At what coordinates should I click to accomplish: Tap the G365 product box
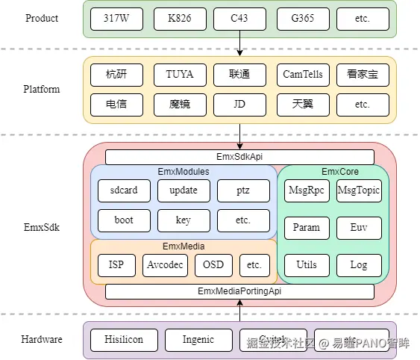coord(302,19)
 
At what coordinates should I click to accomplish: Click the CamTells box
coord(302,75)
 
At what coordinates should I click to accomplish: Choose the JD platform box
coord(239,105)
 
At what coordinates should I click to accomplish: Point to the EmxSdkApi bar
coord(239,157)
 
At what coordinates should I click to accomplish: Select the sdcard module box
coord(124,190)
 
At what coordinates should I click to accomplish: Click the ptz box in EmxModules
coord(243,190)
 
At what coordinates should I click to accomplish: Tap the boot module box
coord(124,220)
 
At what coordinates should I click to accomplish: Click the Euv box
coord(358,228)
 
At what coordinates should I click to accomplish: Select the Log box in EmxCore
coord(358,265)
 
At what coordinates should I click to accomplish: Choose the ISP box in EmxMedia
coord(116,265)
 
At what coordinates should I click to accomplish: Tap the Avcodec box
coord(165,265)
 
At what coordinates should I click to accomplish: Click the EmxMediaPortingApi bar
coord(239,291)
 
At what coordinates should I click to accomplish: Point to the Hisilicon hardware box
coord(123,340)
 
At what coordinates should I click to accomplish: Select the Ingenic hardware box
coord(198,340)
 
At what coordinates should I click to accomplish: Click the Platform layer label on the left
coord(41,90)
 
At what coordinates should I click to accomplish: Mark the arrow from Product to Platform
coord(239,46)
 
